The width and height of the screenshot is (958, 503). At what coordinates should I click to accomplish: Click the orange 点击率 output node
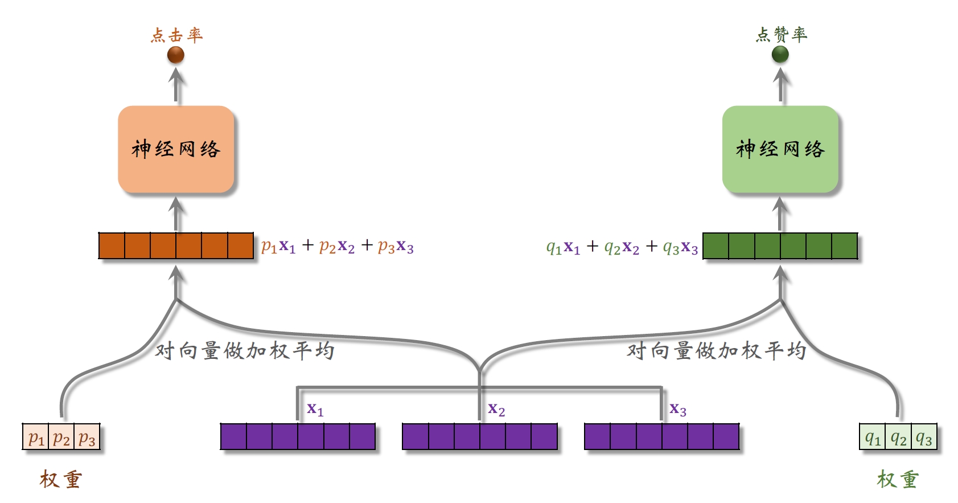point(176,55)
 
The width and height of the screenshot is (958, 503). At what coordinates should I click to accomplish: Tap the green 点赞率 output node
point(780,54)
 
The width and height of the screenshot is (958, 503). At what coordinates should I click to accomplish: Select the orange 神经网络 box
point(176,149)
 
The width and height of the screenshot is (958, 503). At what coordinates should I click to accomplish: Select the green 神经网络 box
point(780,149)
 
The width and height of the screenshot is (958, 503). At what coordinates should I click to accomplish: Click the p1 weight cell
point(36,437)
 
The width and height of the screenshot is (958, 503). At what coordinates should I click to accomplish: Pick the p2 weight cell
point(61,437)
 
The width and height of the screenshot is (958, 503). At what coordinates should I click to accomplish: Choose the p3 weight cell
point(87,437)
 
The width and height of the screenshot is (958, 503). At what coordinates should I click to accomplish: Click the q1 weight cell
point(873,437)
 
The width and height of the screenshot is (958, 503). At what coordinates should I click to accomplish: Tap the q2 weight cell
point(898,437)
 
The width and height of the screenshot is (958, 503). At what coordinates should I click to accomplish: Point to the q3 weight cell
point(924,437)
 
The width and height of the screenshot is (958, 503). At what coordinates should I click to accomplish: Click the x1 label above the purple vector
point(315,409)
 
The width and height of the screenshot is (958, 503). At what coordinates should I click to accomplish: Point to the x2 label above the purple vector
point(496,409)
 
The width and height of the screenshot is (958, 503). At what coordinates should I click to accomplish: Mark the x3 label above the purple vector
point(678,409)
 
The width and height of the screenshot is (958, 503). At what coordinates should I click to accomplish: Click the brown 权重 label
point(61,480)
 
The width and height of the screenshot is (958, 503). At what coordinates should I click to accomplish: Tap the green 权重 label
point(898,480)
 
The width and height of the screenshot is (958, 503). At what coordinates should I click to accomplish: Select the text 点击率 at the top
point(176,35)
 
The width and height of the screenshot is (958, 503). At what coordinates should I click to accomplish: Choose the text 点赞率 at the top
point(781,35)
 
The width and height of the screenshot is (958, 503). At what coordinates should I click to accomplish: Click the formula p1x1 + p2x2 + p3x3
point(337,246)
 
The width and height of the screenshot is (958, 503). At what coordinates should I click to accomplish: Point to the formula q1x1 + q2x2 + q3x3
point(622,247)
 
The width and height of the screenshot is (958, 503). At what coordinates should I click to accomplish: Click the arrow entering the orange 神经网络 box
point(176,214)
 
